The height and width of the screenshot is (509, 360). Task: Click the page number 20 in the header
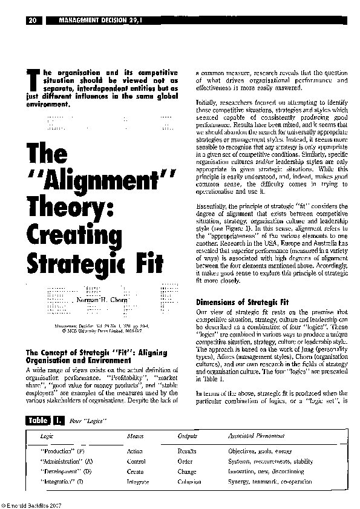[34, 21]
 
